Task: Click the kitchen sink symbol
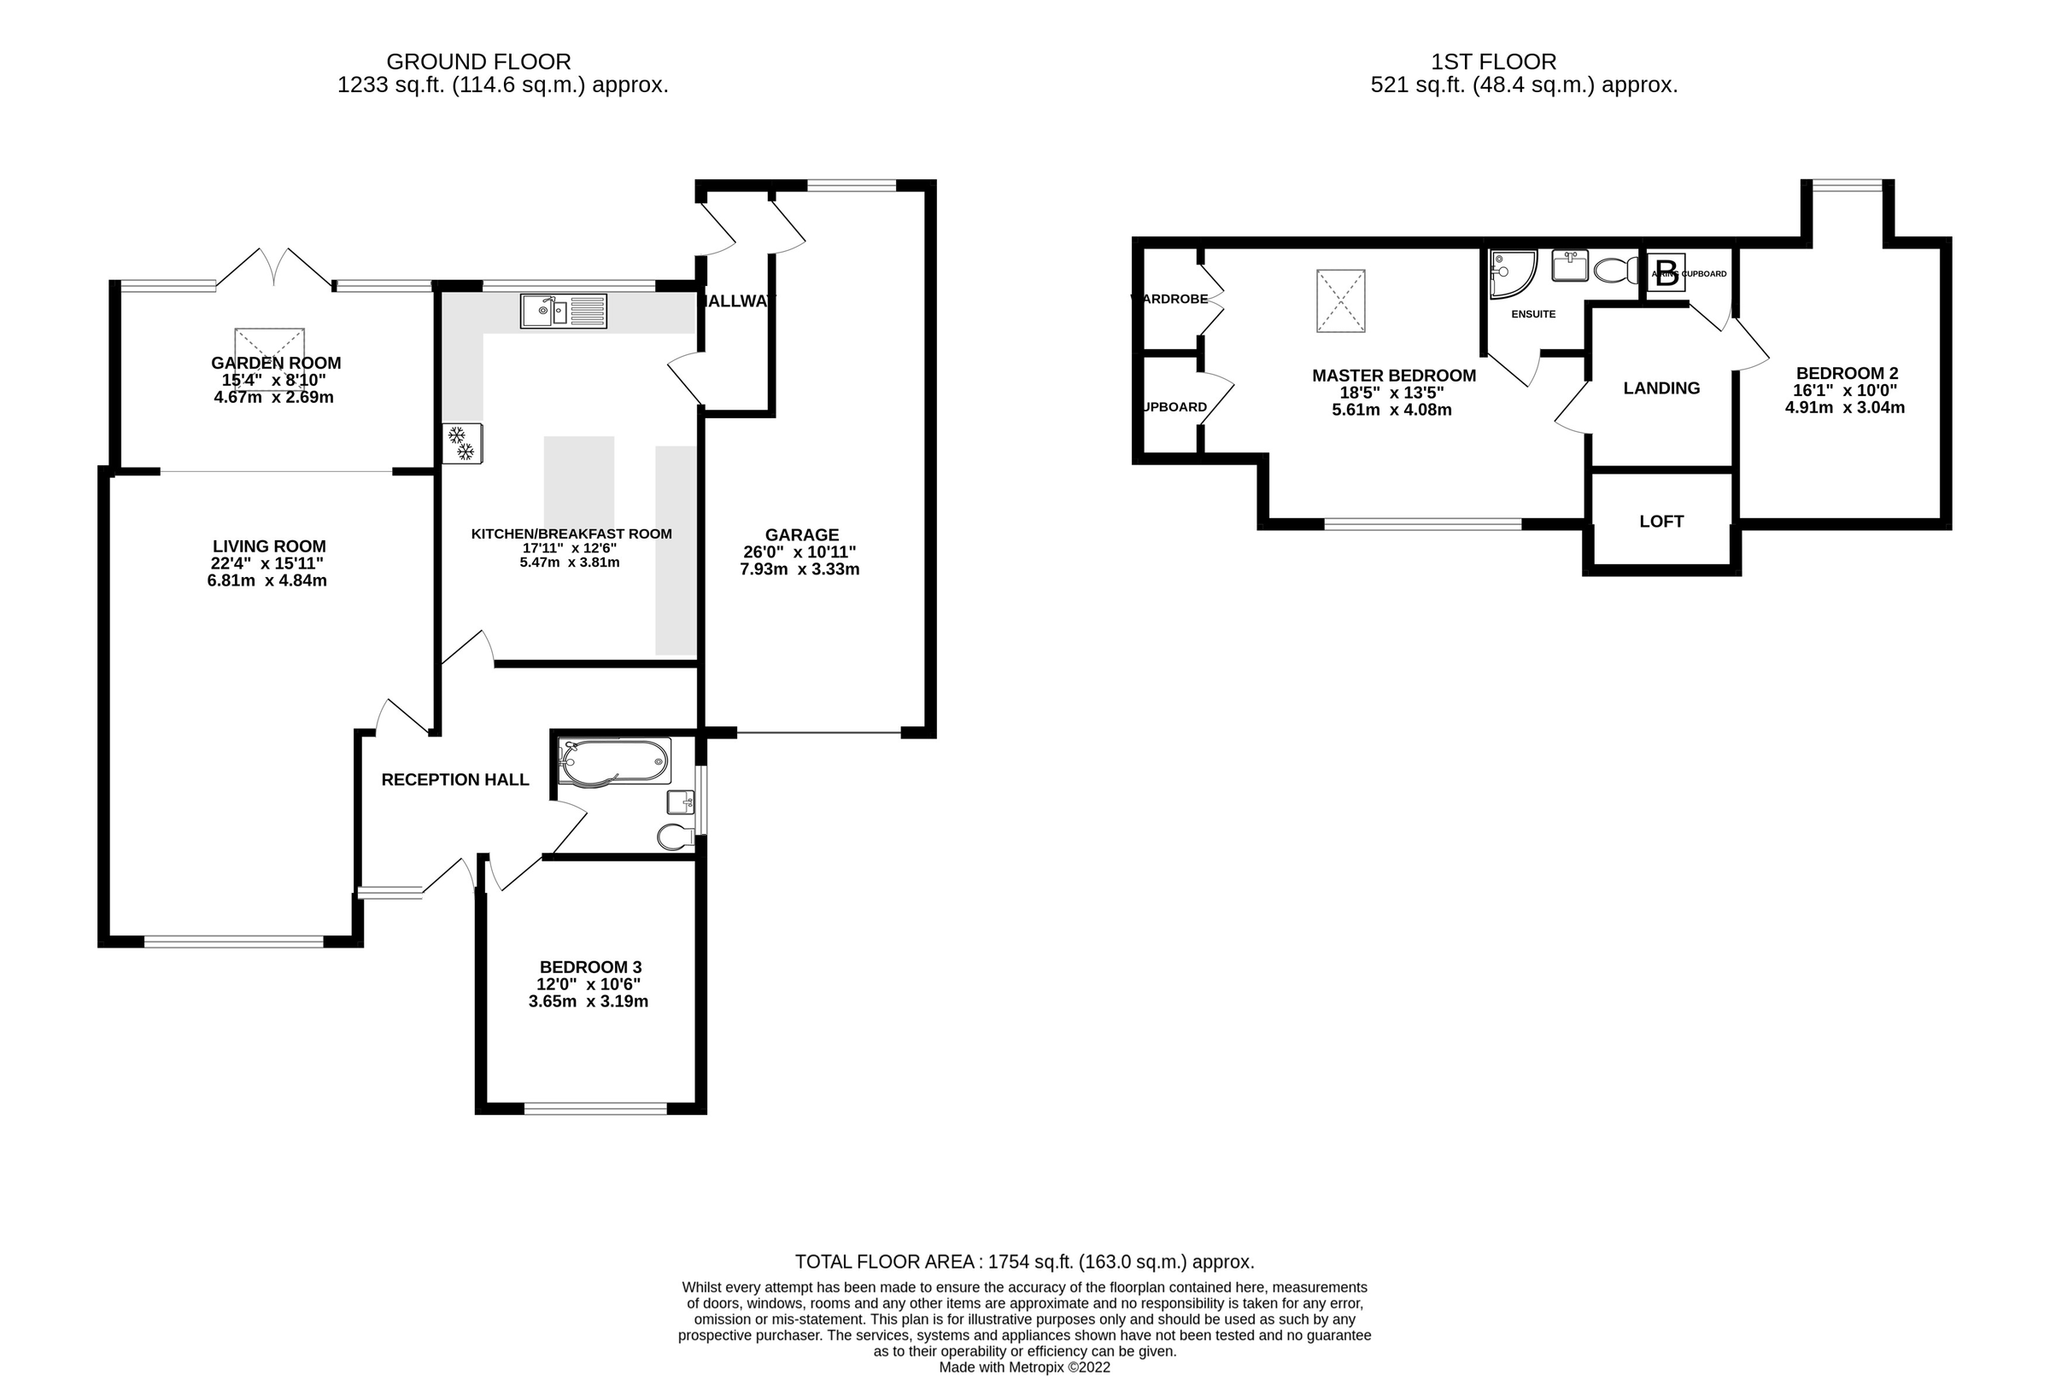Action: click(563, 311)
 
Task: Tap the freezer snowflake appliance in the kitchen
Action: click(462, 443)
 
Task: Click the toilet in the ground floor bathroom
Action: click(674, 838)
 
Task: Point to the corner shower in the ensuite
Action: click(1510, 273)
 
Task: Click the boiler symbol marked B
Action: click(1666, 272)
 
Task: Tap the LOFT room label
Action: click(1661, 522)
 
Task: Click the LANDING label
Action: click(1661, 388)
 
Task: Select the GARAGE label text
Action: click(801, 534)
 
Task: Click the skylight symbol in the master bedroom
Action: click(1341, 301)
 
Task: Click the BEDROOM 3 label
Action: click(590, 967)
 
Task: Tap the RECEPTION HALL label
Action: click(454, 779)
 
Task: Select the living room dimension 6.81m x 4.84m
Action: click(266, 580)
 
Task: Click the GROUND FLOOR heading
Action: click(478, 61)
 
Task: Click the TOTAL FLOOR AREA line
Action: click(1023, 1262)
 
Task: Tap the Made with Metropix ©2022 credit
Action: click(1023, 1367)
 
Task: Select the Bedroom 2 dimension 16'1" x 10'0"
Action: click(1844, 390)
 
